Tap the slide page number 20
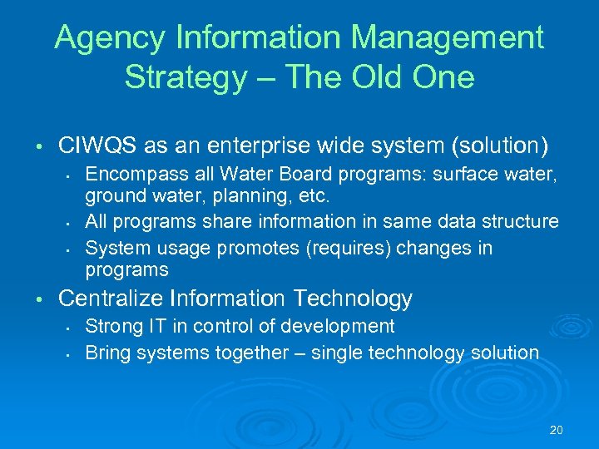click(x=557, y=430)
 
